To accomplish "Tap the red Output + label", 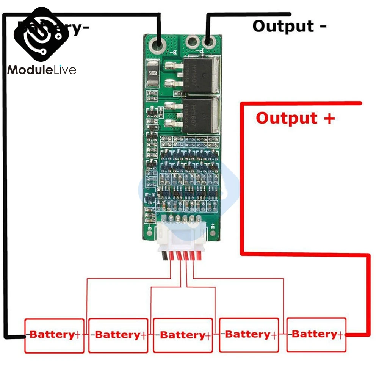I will [x=295, y=118].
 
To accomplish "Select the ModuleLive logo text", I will [x=42, y=70].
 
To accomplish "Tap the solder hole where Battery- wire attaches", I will [x=158, y=45].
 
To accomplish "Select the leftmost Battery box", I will [x=54, y=335].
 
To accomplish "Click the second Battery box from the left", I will [x=118, y=335].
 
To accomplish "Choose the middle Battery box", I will [x=183, y=335].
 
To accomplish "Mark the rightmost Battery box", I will [x=316, y=335].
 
